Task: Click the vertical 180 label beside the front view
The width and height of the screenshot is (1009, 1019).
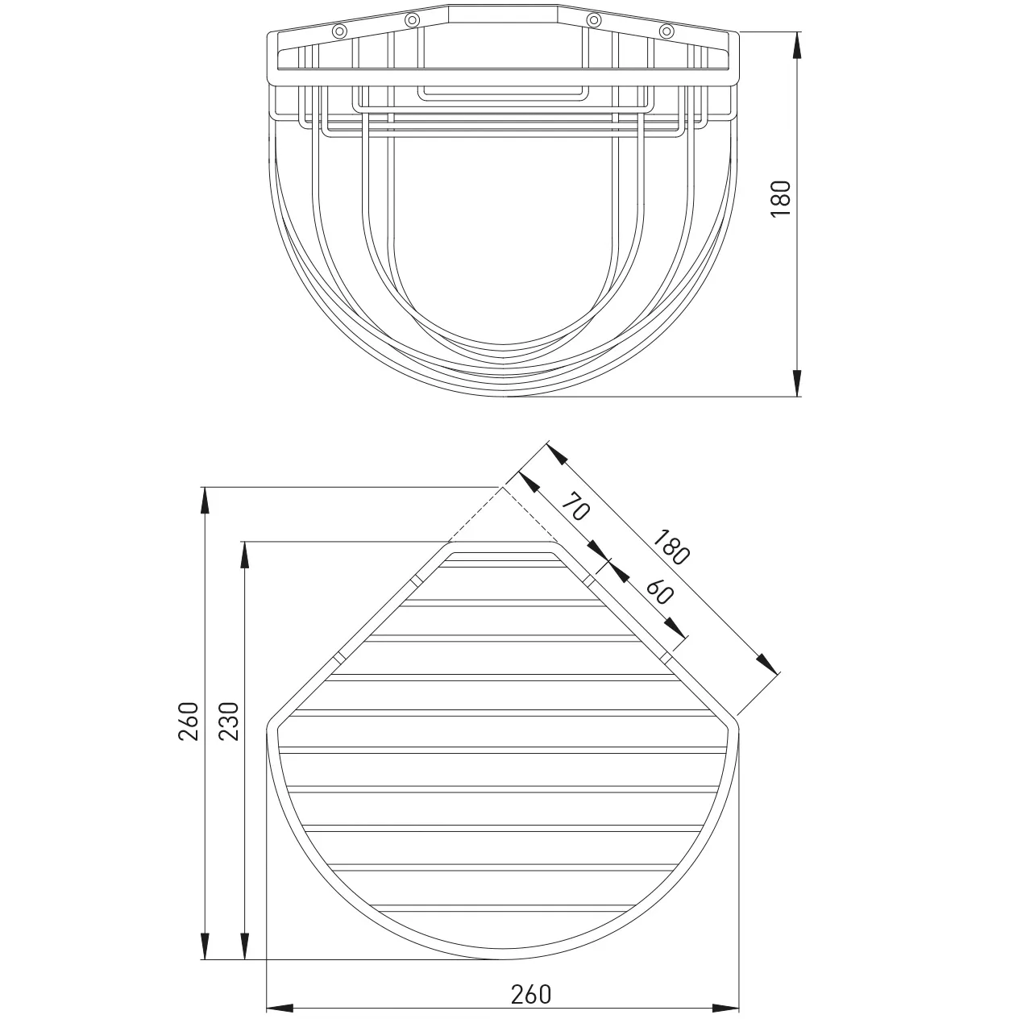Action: [x=781, y=197]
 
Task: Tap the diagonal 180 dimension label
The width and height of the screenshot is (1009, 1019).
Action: [x=671, y=546]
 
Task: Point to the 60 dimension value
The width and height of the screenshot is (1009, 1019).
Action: [x=658, y=593]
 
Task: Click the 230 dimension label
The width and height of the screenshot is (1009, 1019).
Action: [x=229, y=721]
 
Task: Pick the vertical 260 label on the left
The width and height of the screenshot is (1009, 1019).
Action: [x=188, y=721]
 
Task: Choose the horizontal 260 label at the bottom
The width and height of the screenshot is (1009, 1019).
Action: [x=531, y=994]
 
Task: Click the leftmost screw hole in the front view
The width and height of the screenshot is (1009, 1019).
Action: [x=339, y=31]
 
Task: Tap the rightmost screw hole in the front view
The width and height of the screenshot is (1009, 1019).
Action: [x=666, y=31]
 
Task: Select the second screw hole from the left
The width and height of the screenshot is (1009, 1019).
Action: [x=412, y=20]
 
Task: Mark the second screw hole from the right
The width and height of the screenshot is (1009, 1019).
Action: [x=593, y=20]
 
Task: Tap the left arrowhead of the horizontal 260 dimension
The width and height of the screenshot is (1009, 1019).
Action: [x=279, y=1008]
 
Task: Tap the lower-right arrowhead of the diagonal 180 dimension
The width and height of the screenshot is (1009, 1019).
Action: [x=770, y=665]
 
